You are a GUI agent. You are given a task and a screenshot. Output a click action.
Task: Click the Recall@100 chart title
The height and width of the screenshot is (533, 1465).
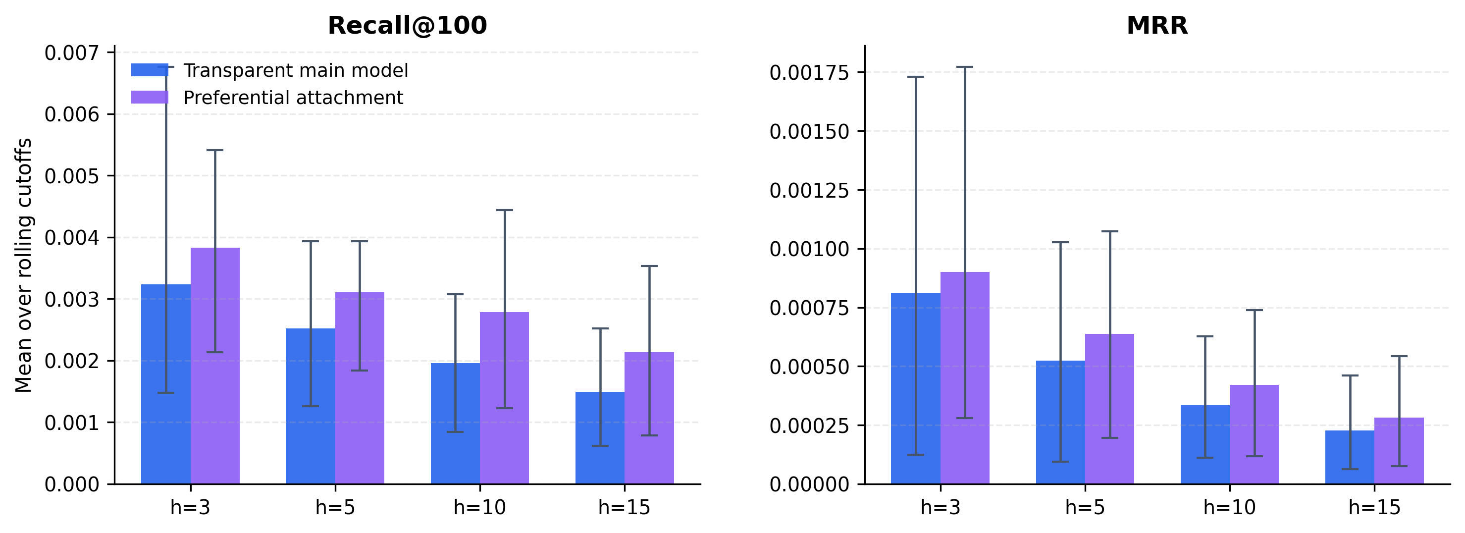[407, 26]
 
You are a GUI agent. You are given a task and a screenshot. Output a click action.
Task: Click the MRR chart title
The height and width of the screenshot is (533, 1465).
[1157, 26]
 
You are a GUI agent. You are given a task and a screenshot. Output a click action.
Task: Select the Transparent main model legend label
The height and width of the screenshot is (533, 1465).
[295, 70]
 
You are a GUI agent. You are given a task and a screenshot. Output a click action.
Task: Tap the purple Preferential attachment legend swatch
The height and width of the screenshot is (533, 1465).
[150, 97]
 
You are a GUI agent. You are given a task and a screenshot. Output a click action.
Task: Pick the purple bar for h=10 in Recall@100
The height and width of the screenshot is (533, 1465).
[505, 398]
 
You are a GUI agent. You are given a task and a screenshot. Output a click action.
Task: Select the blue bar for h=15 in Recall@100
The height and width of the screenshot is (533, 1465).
[600, 438]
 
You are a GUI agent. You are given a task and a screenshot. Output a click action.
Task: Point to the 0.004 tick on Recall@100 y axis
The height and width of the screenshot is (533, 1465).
[71, 237]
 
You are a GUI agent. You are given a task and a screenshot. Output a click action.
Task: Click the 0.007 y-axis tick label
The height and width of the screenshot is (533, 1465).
[71, 53]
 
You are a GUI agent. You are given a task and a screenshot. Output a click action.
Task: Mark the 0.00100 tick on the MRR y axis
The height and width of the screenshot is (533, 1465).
[809, 249]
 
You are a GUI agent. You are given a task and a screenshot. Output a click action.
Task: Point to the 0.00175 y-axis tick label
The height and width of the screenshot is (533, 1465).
[809, 73]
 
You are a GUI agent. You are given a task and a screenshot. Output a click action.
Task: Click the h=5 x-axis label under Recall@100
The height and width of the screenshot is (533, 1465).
[335, 507]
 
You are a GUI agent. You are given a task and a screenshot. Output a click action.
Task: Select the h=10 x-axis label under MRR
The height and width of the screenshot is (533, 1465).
[1230, 507]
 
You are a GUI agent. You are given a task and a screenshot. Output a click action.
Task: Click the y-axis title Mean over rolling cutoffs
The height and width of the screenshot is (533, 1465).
[23, 265]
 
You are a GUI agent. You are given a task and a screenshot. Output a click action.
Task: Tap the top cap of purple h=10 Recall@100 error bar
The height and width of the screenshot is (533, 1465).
[505, 210]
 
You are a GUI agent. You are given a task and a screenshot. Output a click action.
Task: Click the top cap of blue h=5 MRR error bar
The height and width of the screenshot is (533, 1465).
[1060, 242]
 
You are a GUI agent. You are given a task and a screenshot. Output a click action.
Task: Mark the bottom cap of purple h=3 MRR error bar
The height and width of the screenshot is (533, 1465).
[965, 418]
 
